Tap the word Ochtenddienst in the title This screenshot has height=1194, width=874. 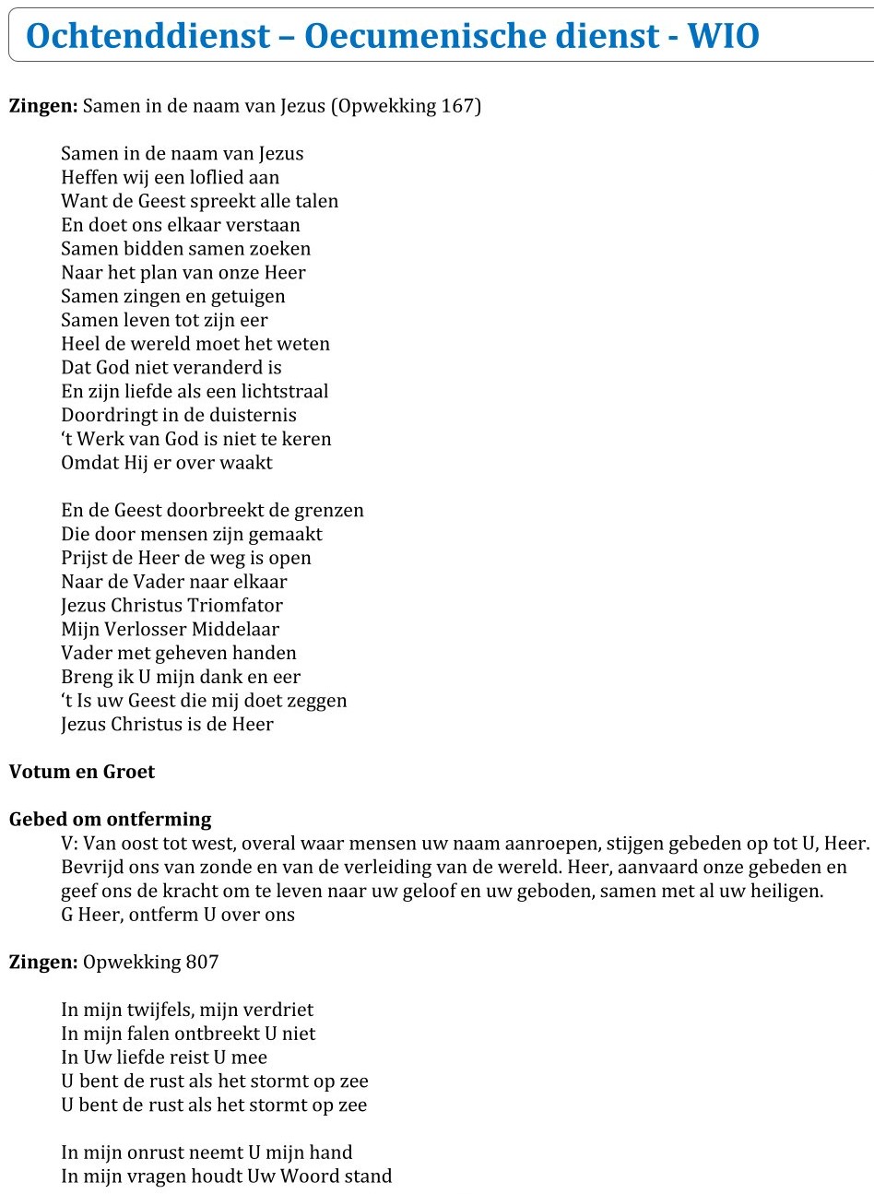click(148, 36)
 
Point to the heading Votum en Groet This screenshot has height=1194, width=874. click(82, 772)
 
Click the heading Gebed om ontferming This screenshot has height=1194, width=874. click(110, 819)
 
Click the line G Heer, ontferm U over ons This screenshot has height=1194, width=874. click(178, 916)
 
